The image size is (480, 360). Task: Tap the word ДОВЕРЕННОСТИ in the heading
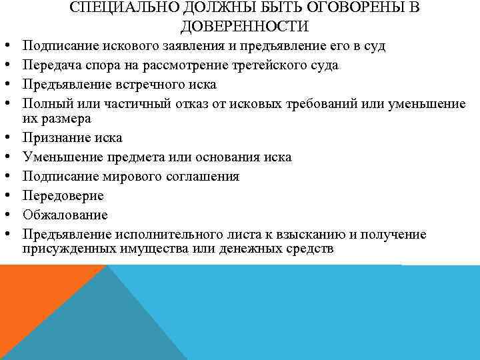[244, 27]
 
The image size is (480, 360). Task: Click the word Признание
[54, 139]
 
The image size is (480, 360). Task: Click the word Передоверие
[63, 196]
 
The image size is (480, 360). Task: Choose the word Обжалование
[65, 215]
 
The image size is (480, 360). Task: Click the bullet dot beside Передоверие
[5, 196]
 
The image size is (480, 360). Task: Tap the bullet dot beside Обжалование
[5, 215]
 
